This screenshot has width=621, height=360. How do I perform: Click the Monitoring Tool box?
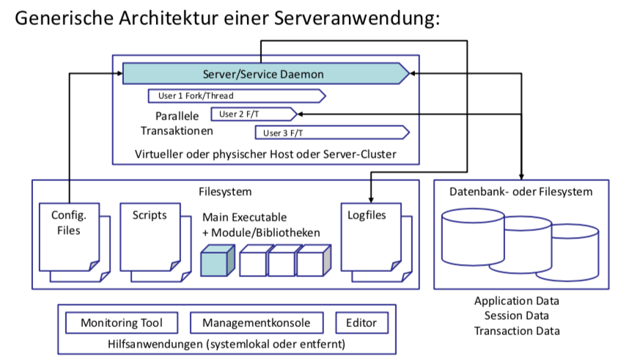pos(121,323)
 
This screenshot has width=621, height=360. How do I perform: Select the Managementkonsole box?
pos(256,323)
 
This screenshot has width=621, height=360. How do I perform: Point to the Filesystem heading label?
pos(225,191)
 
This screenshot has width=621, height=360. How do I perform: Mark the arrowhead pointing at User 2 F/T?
pos(302,114)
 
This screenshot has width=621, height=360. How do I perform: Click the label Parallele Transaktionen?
pos(177,124)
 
